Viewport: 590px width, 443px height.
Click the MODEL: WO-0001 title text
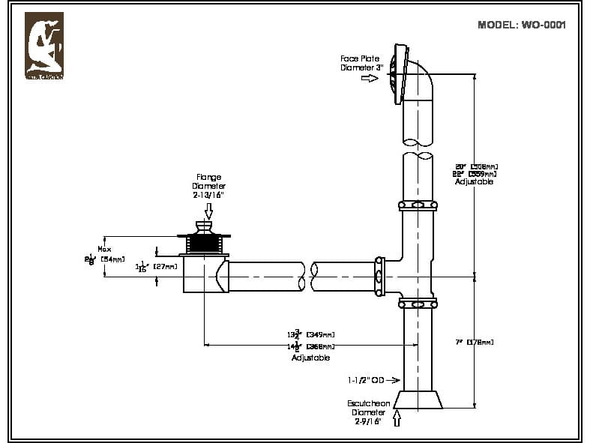[521, 25]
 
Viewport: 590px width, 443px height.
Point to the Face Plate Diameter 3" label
[361, 63]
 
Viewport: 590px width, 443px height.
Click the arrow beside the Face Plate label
[370, 78]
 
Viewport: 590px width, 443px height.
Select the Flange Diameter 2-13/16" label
[208, 186]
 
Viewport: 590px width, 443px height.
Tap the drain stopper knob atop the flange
[203, 226]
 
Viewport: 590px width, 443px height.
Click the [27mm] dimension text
[165, 266]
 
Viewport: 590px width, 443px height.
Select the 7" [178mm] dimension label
[474, 343]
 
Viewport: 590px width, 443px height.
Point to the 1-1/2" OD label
[368, 379]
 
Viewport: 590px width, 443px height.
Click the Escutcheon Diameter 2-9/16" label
[368, 412]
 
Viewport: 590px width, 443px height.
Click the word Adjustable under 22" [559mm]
[475, 182]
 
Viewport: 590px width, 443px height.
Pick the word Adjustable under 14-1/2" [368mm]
[310, 358]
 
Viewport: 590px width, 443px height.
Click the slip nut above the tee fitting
[418, 205]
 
